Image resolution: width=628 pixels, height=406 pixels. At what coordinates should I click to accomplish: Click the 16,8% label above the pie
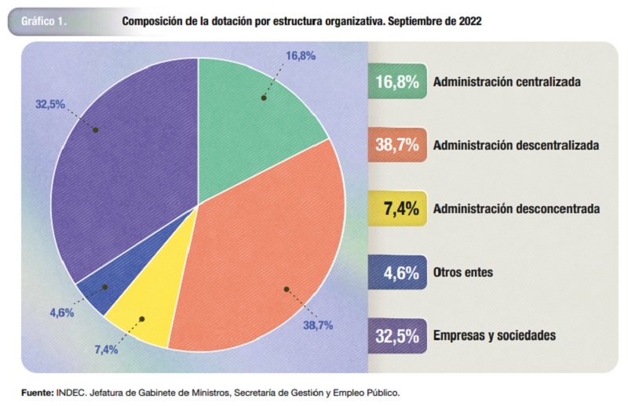(301, 56)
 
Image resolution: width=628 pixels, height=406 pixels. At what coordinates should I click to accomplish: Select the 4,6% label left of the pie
(61, 313)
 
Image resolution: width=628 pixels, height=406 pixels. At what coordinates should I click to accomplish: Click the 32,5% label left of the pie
(50, 103)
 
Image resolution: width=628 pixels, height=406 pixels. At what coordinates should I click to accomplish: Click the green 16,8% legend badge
(396, 82)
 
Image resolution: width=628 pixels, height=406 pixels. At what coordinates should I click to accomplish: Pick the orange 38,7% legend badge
(396, 145)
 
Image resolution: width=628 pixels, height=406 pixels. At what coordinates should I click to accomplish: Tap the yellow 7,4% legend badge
(396, 208)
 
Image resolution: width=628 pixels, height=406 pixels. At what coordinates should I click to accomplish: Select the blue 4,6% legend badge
(396, 273)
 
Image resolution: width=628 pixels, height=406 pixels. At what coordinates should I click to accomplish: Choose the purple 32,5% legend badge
(396, 335)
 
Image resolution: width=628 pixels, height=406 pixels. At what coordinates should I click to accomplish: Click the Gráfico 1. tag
(44, 22)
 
